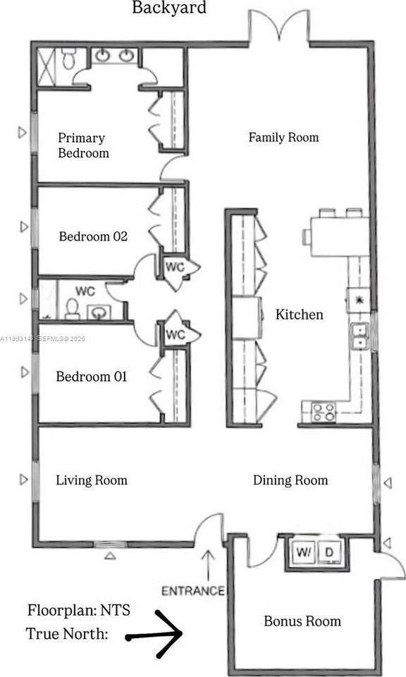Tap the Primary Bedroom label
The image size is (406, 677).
pyautogui.click(x=83, y=145)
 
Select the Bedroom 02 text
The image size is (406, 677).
pyautogui.click(x=92, y=236)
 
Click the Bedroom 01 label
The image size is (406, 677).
pyautogui.click(x=91, y=377)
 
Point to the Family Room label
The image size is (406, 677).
pyautogui.click(x=283, y=138)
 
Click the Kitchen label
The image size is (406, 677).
pyautogui.click(x=299, y=315)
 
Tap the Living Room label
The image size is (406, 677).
pyautogui.click(x=92, y=480)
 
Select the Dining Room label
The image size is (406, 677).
pyautogui.click(x=290, y=480)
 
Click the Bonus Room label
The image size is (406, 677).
pyautogui.click(x=302, y=621)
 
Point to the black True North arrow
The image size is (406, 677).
pyautogui.click(x=155, y=635)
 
